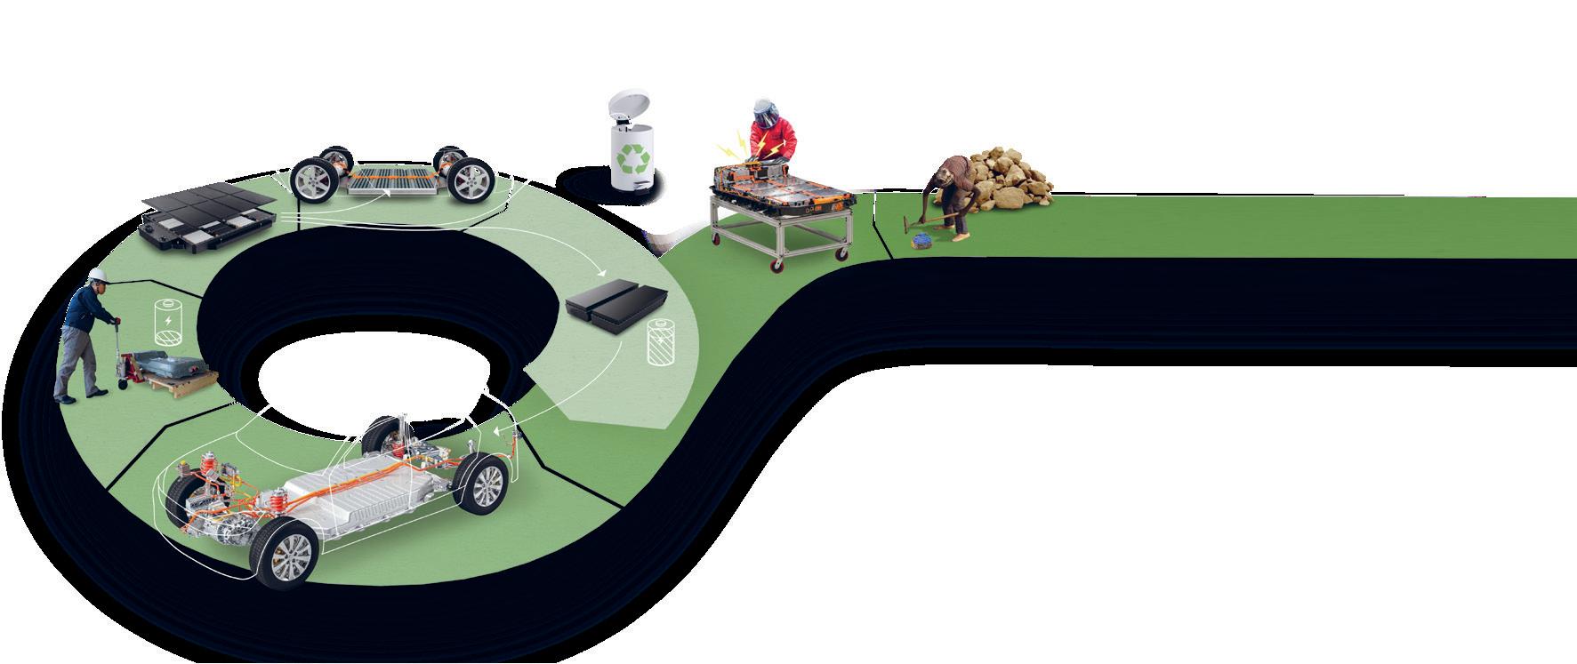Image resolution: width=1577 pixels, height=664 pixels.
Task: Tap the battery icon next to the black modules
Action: click(661, 343)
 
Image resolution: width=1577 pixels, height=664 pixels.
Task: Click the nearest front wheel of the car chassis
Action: click(286, 552)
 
